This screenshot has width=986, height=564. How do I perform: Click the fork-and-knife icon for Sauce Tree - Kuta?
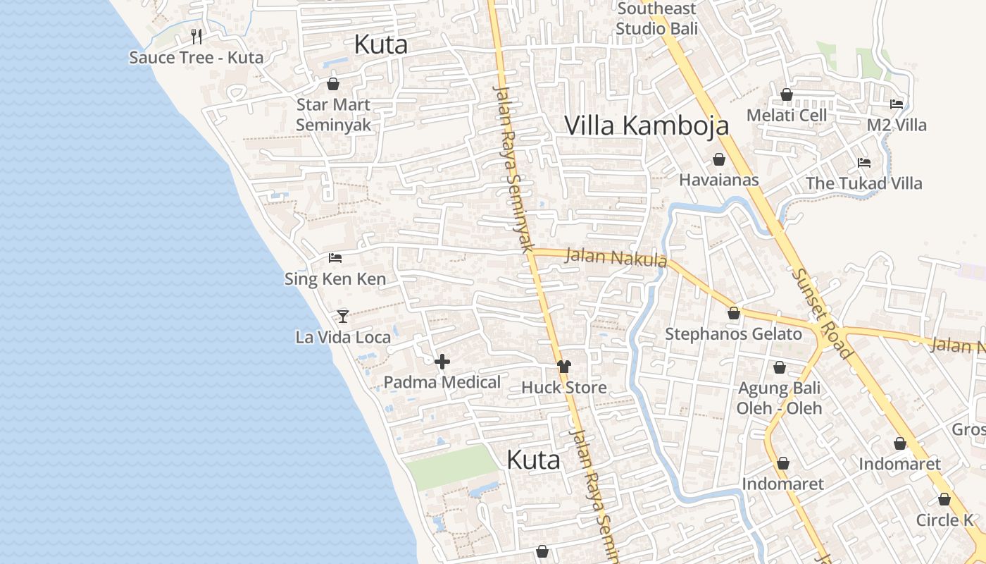point(196,37)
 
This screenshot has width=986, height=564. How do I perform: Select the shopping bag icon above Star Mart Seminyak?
point(333,85)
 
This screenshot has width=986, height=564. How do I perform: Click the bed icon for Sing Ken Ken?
point(335,258)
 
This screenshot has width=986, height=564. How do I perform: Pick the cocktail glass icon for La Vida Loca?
point(343,316)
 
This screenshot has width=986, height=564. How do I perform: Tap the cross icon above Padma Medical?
point(442,362)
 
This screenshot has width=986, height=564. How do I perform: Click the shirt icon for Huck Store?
point(563,367)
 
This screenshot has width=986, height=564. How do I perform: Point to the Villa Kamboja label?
point(647,125)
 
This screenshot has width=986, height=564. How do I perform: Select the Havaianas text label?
point(719,180)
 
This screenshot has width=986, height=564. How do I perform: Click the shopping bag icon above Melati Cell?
point(787,94)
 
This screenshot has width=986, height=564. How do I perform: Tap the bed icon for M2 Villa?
point(897,104)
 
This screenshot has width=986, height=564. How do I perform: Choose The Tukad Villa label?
point(864,183)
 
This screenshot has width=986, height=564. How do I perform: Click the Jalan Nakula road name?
point(616,257)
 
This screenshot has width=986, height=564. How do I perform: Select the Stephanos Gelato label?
point(734,334)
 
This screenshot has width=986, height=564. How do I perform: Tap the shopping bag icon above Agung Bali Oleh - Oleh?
point(780,367)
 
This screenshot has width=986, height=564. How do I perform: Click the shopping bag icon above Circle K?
point(944,500)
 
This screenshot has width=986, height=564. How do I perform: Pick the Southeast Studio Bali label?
point(657,18)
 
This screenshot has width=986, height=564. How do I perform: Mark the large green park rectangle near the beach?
point(452,467)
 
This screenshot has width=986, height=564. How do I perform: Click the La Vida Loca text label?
point(343,337)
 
